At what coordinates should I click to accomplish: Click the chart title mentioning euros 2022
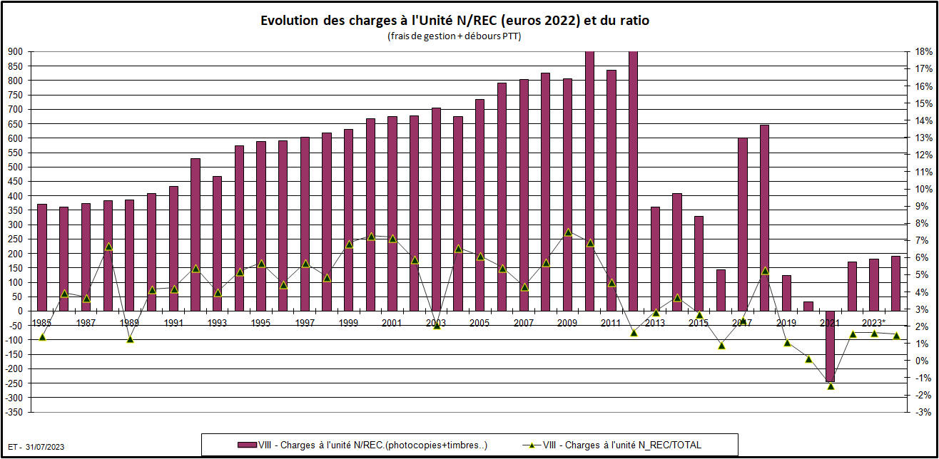[455, 21]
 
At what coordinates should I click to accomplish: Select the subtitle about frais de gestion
[455, 36]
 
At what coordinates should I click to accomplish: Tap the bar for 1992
[196, 234]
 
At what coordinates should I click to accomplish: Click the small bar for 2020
[808, 306]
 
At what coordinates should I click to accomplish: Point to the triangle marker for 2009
[568, 232]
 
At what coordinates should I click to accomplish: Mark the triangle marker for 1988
[108, 247]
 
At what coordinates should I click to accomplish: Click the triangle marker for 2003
[437, 325]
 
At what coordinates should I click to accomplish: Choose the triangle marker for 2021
[831, 386]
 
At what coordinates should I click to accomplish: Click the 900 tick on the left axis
[15, 52]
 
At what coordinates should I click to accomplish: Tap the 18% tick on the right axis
[921, 52]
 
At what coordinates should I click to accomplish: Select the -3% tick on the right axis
[921, 412]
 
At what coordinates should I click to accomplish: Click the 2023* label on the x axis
[874, 323]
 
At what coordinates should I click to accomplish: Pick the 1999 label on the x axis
[349, 323]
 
